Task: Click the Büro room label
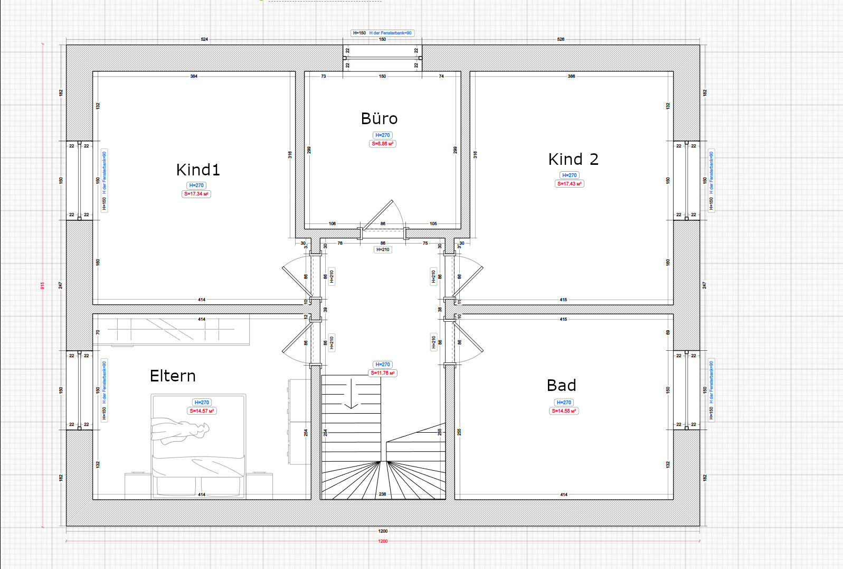point(379,118)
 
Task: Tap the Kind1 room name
point(197,170)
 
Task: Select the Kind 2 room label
point(573,159)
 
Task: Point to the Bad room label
point(561,385)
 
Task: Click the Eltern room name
point(173,376)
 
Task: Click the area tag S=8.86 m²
point(383,144)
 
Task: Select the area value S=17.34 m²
point(196,194)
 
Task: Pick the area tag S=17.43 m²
point(570,184)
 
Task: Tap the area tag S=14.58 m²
point(564,411)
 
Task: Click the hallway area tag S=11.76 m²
point(383,373)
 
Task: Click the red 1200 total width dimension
point(383,541)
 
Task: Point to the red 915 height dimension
point(42,285)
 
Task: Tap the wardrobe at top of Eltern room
point(172,330)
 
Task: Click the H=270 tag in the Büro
point(383,135)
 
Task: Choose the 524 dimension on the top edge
point(204,39)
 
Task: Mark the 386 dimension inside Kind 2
point(571,76)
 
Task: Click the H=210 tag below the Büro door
point(383,249)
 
